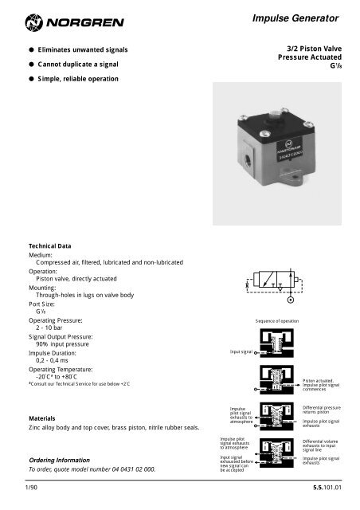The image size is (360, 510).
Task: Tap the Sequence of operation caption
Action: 276,320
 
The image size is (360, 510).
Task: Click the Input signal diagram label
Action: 241,351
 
